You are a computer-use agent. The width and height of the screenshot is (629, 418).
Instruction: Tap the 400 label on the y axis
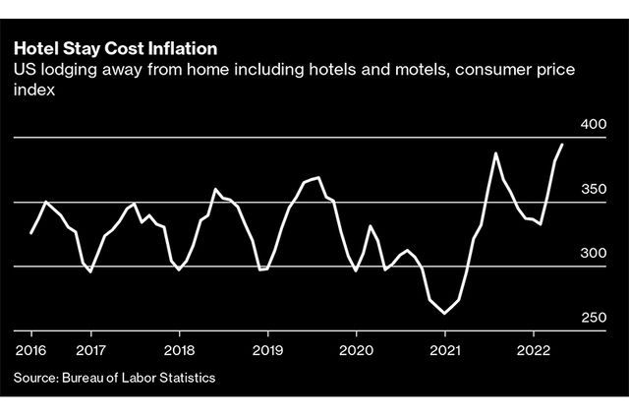coord(596,125)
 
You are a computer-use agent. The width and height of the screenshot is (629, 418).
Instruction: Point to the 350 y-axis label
coord(596,189)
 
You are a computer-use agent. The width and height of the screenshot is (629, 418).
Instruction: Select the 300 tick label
coord(596,254)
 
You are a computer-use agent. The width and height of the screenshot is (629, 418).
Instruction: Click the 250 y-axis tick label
coord(596,318)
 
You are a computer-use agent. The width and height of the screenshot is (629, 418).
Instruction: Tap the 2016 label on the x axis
coord(31,349)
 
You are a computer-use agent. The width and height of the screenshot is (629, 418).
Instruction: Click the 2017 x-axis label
coord(90,349)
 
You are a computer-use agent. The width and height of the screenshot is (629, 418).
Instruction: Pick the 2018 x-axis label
coord(179,349)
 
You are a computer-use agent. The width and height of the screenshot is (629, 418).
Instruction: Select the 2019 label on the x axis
coord(267,349)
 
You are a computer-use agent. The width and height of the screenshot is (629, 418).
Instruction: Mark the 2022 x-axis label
coord(533,349)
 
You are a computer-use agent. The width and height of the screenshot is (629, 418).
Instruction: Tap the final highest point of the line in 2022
coord(562,145)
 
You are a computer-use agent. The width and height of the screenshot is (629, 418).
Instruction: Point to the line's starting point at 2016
coord(31,233)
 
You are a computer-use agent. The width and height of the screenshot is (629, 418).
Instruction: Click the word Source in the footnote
coord(36,378)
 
